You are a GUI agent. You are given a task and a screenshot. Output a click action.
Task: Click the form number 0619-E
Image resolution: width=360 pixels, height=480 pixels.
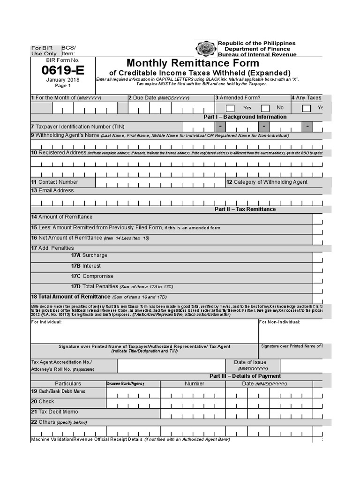click(x=63, y=71)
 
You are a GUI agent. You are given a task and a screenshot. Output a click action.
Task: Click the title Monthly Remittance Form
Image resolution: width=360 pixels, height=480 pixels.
click(x=193, y=63)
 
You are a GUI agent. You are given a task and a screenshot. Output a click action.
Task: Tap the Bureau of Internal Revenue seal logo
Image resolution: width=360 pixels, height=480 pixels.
click(x=205, y=49)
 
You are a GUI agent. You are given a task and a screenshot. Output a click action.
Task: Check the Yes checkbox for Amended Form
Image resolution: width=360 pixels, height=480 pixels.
click(x=230, y=108)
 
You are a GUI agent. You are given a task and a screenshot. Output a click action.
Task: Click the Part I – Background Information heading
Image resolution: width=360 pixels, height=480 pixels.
click(x=245, y=117)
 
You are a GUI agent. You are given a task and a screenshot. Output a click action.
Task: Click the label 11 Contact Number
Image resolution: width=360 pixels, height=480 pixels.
click(x=55, y=182)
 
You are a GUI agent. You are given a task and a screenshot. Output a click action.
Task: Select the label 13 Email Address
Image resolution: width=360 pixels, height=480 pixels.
click(x=52, y=191)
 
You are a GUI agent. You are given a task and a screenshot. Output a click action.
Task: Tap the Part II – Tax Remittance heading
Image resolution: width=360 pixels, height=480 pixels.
click(x=245, y=209)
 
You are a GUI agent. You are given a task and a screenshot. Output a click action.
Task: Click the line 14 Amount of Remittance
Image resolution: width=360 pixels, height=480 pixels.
click(x=62, y=217)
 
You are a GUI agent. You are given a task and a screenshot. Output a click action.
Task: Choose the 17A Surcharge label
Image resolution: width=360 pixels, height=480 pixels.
click(x=89, y=255)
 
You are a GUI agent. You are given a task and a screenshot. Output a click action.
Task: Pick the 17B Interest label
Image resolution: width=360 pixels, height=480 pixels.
click(x=86, y=266)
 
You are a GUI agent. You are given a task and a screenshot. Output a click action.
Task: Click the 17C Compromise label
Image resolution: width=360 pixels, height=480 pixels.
click(x=92, y=277)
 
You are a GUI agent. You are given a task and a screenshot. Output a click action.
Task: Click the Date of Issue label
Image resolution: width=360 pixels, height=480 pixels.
click(x=250, y=362)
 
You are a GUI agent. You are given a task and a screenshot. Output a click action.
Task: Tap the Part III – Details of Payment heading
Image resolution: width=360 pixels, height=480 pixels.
click(x=245, y=376)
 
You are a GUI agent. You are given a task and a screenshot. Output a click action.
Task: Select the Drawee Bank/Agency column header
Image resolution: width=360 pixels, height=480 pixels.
click(x=125, y=383)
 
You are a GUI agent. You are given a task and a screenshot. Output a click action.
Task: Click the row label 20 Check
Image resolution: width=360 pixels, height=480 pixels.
click(x=43, y=402)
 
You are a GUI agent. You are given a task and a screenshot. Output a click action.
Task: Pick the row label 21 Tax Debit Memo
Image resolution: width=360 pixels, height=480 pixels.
click(x=54, y=412)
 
